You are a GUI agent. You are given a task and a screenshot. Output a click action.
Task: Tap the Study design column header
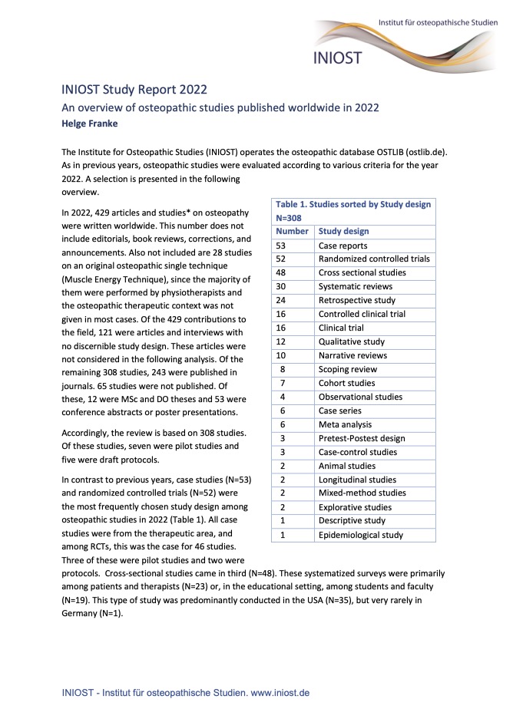(343, 231)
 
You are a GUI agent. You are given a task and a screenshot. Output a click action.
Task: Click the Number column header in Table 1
(291, 231)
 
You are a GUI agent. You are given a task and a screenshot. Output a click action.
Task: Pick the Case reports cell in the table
(343, 245)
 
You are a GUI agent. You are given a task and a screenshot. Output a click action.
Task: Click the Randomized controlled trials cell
(374, 259)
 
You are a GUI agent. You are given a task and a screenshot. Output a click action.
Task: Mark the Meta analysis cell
(345, 424)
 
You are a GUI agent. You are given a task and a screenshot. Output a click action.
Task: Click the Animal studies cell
(347, 466)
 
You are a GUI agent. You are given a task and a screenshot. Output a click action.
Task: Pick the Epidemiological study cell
(358, 535)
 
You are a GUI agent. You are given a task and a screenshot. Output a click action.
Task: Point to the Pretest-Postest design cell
(362, 438)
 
